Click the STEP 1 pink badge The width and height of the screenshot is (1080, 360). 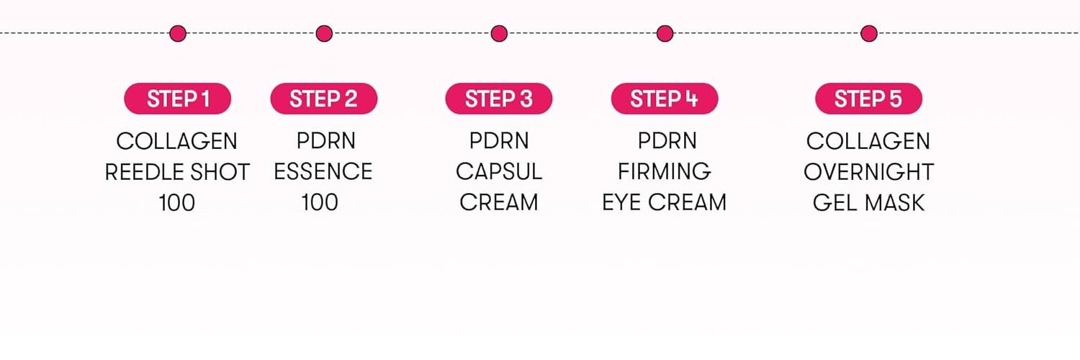[177, 99]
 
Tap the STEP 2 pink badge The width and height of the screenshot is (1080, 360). [324, 99]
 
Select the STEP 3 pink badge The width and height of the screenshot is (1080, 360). [499, 99]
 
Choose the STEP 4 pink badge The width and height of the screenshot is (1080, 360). [665, 99]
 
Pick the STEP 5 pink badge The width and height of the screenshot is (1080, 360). [869, 99]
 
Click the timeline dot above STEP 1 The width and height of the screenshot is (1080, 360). [178, 34]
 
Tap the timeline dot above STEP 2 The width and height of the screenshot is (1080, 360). [324, 34]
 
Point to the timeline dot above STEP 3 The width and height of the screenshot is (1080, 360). [499, 34]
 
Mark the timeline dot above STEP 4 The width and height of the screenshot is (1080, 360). [665, 34]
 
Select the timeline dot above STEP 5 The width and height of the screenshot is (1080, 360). [869, 34]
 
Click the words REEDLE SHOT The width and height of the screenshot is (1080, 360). [177, 172]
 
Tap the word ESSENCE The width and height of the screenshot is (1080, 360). [323, 171]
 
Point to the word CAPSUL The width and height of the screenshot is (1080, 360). [499, 171]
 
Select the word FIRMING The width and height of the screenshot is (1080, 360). [665, 171]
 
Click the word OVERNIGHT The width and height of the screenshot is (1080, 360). [869, 172]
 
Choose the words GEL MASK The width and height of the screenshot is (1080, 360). [869, 203]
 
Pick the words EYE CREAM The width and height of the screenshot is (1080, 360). [665, 202]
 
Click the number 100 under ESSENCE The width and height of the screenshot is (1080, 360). [320, 202]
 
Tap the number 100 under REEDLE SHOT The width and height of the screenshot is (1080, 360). [177, 203]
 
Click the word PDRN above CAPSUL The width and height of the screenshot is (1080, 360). [499, 140]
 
